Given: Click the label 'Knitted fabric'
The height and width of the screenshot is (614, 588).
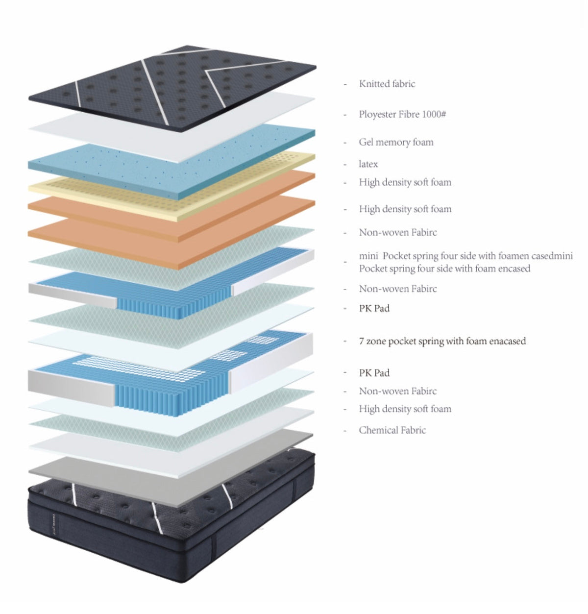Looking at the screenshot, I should coord(387,84).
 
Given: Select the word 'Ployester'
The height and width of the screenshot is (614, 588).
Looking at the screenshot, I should coord(378,114).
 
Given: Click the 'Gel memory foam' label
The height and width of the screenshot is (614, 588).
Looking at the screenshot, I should coord(396,142).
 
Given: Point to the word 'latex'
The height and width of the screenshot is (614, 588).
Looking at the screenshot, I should coord(368,164).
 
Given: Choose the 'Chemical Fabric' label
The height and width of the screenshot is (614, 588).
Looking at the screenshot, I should coord(392,430).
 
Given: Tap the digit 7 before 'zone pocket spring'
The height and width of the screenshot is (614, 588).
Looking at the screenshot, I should coord(362,341).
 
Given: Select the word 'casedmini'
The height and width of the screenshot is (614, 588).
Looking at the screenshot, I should coord(552,256).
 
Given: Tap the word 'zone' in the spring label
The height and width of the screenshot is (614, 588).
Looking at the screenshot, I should coord(376,341).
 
